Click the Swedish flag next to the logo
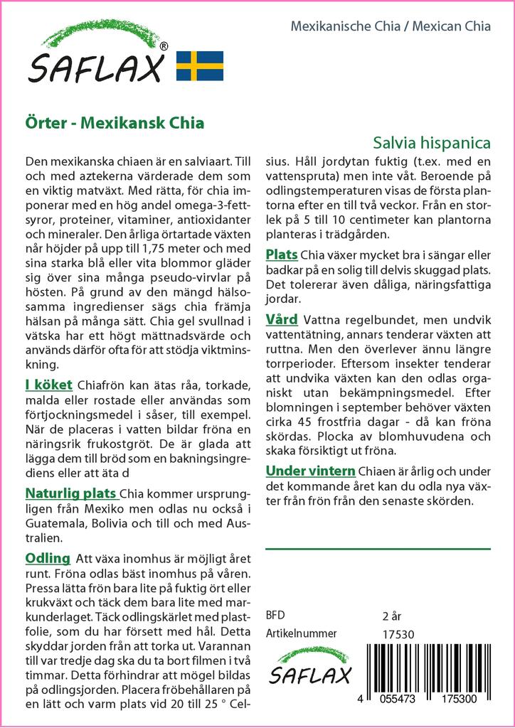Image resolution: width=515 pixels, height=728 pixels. coord(199,65)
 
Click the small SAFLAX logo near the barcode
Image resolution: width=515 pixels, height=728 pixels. coord(309,668)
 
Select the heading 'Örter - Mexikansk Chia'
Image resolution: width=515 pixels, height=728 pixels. coord(115,122)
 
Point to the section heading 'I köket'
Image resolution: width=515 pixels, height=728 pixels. coord(48,385)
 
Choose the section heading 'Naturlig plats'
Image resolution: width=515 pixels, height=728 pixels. coord(70,493)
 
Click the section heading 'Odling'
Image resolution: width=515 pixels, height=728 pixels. coord(48,558)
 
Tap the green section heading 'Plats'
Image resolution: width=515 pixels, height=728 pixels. coord(282,255)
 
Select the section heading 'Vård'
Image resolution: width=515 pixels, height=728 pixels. coord(282,319)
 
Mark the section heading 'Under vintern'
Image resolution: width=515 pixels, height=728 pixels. coord(310,471)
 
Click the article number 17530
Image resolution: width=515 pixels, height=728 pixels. coord(398,634)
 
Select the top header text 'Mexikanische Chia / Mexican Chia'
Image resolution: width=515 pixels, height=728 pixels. coord(391,27)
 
